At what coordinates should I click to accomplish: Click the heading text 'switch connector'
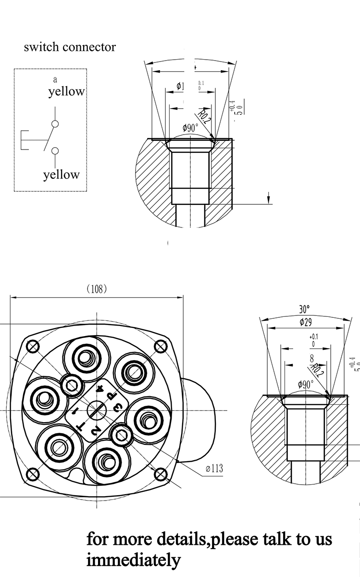(x=70, y=47)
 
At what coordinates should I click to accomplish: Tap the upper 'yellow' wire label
(x=66, y=91)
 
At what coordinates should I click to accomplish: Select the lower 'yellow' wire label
(x=61, y=175)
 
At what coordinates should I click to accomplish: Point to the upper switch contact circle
(x=55, y=124)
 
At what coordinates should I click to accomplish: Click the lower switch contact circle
(x=55, y=151)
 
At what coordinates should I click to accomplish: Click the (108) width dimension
(x=96, y=288)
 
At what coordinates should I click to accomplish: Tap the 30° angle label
(x=304, y=309)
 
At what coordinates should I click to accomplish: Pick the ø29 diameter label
(x=306, y=322)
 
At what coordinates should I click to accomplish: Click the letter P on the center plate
(x=110, y=396)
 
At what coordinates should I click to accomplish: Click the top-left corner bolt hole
(x=33, y=346)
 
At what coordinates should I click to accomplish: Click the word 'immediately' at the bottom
(x=134, y=560)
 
